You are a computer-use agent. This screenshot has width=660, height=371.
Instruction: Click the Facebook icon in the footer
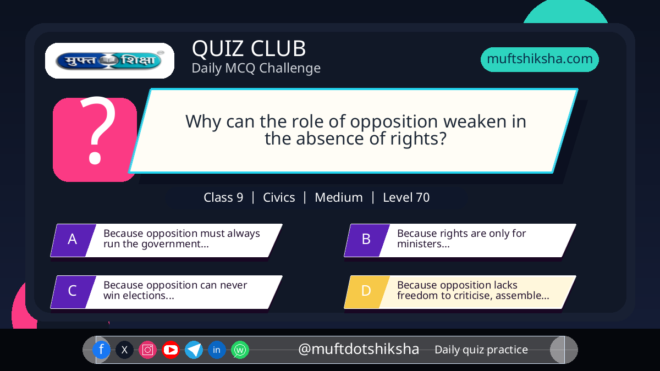pos(101,350)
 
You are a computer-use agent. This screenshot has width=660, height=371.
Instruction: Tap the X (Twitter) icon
pos(124,350)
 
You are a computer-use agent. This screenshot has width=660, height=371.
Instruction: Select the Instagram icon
pos(147,350)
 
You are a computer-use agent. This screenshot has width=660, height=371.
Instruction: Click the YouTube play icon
pos(170,350)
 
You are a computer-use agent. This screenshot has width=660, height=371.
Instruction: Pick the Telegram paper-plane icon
pos(194,350)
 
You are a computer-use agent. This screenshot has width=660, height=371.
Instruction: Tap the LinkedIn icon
pos(217,350)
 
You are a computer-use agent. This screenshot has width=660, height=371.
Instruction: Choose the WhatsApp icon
pos(240,350)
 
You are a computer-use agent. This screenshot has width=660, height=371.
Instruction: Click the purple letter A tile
pos(73,240)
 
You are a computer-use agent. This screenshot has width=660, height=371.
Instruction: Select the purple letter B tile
pos(367,240)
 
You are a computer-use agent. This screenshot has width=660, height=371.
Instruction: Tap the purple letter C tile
pos(73,292)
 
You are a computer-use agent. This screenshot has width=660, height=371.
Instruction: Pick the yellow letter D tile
pos(367,292)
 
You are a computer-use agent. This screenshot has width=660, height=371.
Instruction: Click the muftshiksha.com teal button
pos(540,59)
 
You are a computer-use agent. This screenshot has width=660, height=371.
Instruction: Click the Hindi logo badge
pos(109,60)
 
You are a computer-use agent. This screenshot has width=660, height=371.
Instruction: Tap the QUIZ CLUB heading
pos(249,48)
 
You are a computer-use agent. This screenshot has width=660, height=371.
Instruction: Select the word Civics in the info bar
pos(279,197)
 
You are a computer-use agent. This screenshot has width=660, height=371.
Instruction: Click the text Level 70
pos(406,197)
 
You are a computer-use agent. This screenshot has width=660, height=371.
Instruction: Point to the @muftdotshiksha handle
pos(359,349)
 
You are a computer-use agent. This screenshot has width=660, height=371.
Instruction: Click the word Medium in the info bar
pos(339,197)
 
